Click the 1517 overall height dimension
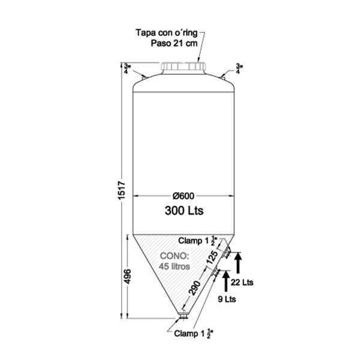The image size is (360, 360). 120,191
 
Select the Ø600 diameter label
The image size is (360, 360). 184,197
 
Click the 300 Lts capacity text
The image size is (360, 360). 184,211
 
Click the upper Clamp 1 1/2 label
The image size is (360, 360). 196,241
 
